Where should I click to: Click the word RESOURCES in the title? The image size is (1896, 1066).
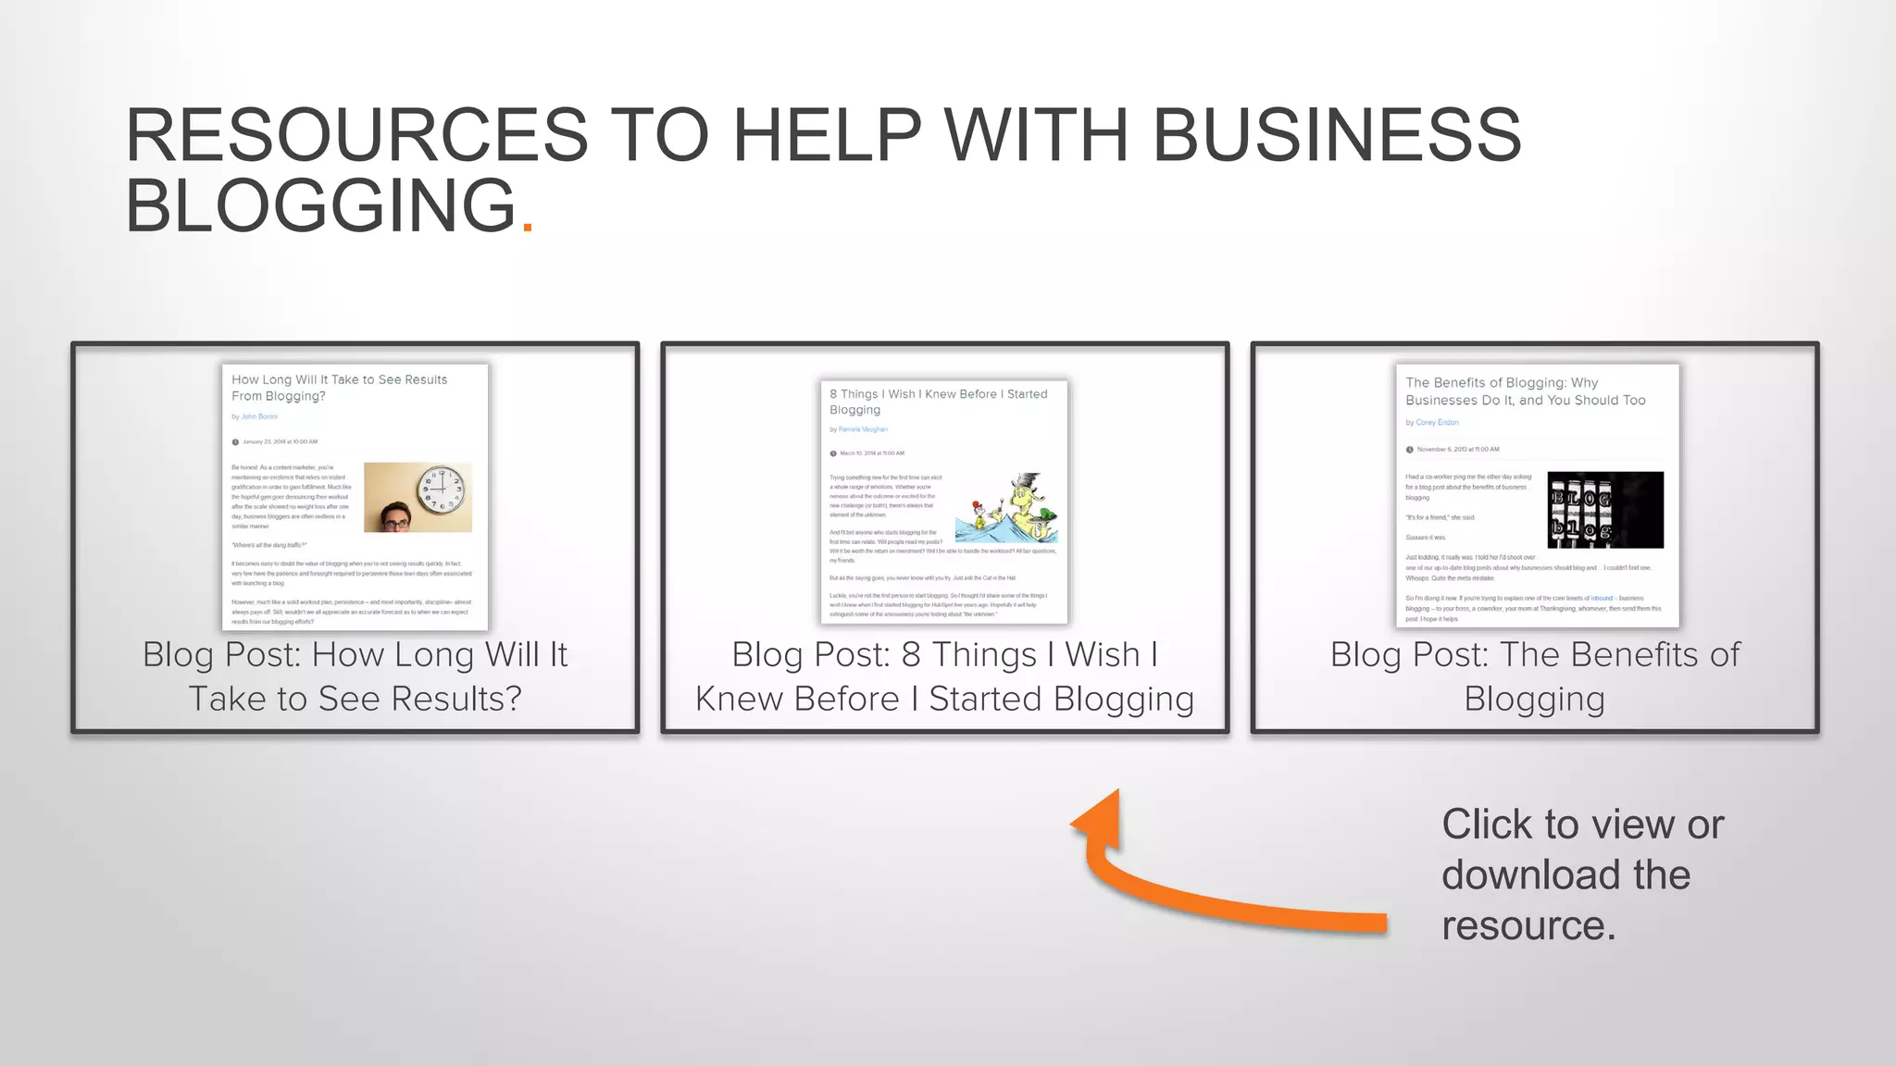pos(356,135)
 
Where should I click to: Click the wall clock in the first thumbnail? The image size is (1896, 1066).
pos(442,490)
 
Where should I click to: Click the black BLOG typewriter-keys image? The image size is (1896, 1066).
pos(1604,510)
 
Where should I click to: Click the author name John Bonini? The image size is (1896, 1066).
pos(259,417)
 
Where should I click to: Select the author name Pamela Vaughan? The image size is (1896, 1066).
pos(863,429)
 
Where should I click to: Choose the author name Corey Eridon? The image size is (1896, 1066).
pos(1437,423)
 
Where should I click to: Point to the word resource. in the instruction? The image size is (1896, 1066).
pos(1528,925)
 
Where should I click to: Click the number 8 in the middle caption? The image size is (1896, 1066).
pos(911,655)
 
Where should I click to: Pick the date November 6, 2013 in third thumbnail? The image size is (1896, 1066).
pos(1457,450)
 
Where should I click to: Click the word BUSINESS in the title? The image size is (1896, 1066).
pos(1336,135)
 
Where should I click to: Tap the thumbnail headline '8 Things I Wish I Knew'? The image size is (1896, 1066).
pos(938,394)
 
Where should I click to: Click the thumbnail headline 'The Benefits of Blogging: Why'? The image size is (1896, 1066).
pos(1501,383)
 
